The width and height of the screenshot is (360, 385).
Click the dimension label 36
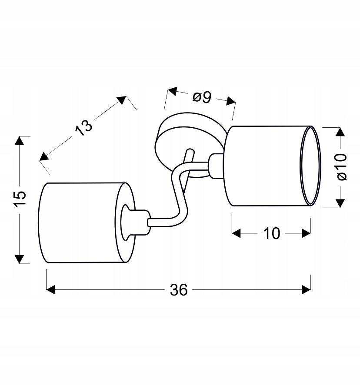coord(179,290)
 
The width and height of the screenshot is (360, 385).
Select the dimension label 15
coord(20,199)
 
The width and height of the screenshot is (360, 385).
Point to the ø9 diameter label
coord(202,97)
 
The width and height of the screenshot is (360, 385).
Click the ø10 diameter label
coord(342,167)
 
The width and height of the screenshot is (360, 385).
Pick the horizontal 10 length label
coord(271,233)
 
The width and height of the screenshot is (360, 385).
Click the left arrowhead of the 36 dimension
coord(50,290)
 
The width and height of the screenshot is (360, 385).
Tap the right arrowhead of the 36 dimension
coord(306,290)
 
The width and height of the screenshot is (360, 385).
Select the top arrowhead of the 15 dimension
coord(19,140)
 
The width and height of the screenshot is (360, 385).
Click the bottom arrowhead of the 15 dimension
coord(19,259)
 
